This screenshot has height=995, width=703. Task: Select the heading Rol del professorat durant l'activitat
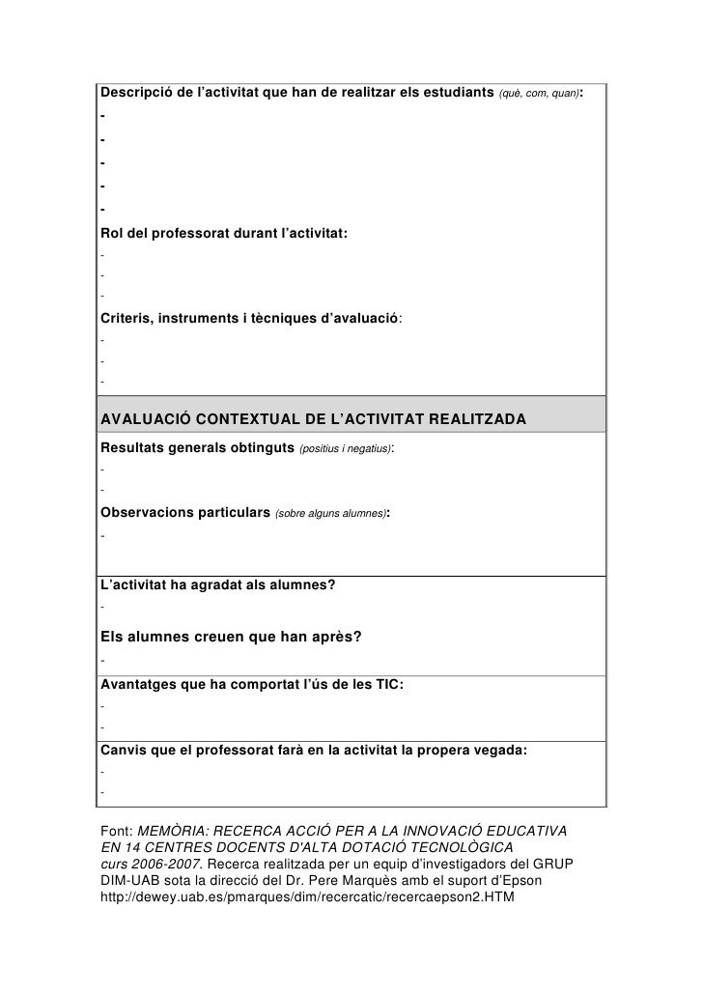tap(224, 234)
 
